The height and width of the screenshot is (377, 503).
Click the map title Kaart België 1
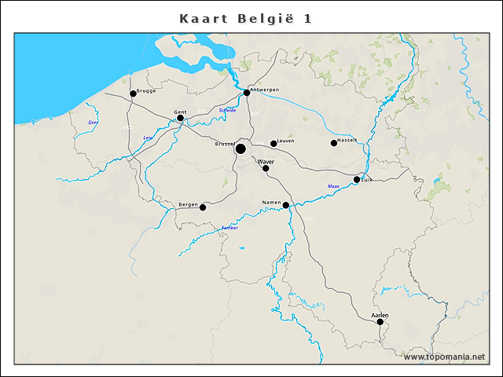coord(245,18)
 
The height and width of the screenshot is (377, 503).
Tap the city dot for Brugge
coord(133,93)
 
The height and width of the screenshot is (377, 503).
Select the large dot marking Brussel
coord(240,148)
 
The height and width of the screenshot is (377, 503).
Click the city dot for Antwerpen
coord(247,93)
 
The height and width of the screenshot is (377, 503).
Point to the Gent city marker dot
coord(180,119)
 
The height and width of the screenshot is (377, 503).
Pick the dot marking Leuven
coord(274,144)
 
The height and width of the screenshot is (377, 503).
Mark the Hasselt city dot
coord(334,143)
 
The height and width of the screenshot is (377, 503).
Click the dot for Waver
coord(266,168)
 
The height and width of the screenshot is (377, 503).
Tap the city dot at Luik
coord(357,180)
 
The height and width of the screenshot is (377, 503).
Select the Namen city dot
coord(286,206)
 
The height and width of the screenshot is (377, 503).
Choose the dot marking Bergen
coord(203,207)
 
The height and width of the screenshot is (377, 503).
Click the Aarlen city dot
coord(380,321)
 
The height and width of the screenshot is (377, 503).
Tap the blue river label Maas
coord(333,186)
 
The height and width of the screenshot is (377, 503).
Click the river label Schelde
coord(228,110)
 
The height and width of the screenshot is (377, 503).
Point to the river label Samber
coord(229,227)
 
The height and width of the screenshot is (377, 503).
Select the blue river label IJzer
coord(94,123)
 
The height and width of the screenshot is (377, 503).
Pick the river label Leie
coord(147,138)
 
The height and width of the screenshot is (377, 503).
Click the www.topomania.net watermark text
coord(445,357)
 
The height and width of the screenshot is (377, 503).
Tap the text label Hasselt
coord(347,140)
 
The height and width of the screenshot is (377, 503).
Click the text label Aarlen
coord(380,314)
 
